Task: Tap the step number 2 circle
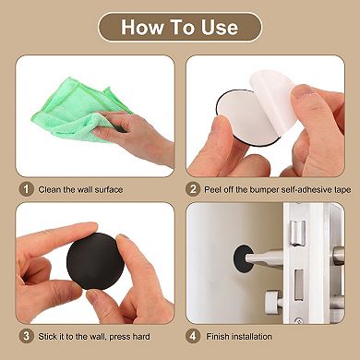194,190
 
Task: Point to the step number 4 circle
194,336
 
